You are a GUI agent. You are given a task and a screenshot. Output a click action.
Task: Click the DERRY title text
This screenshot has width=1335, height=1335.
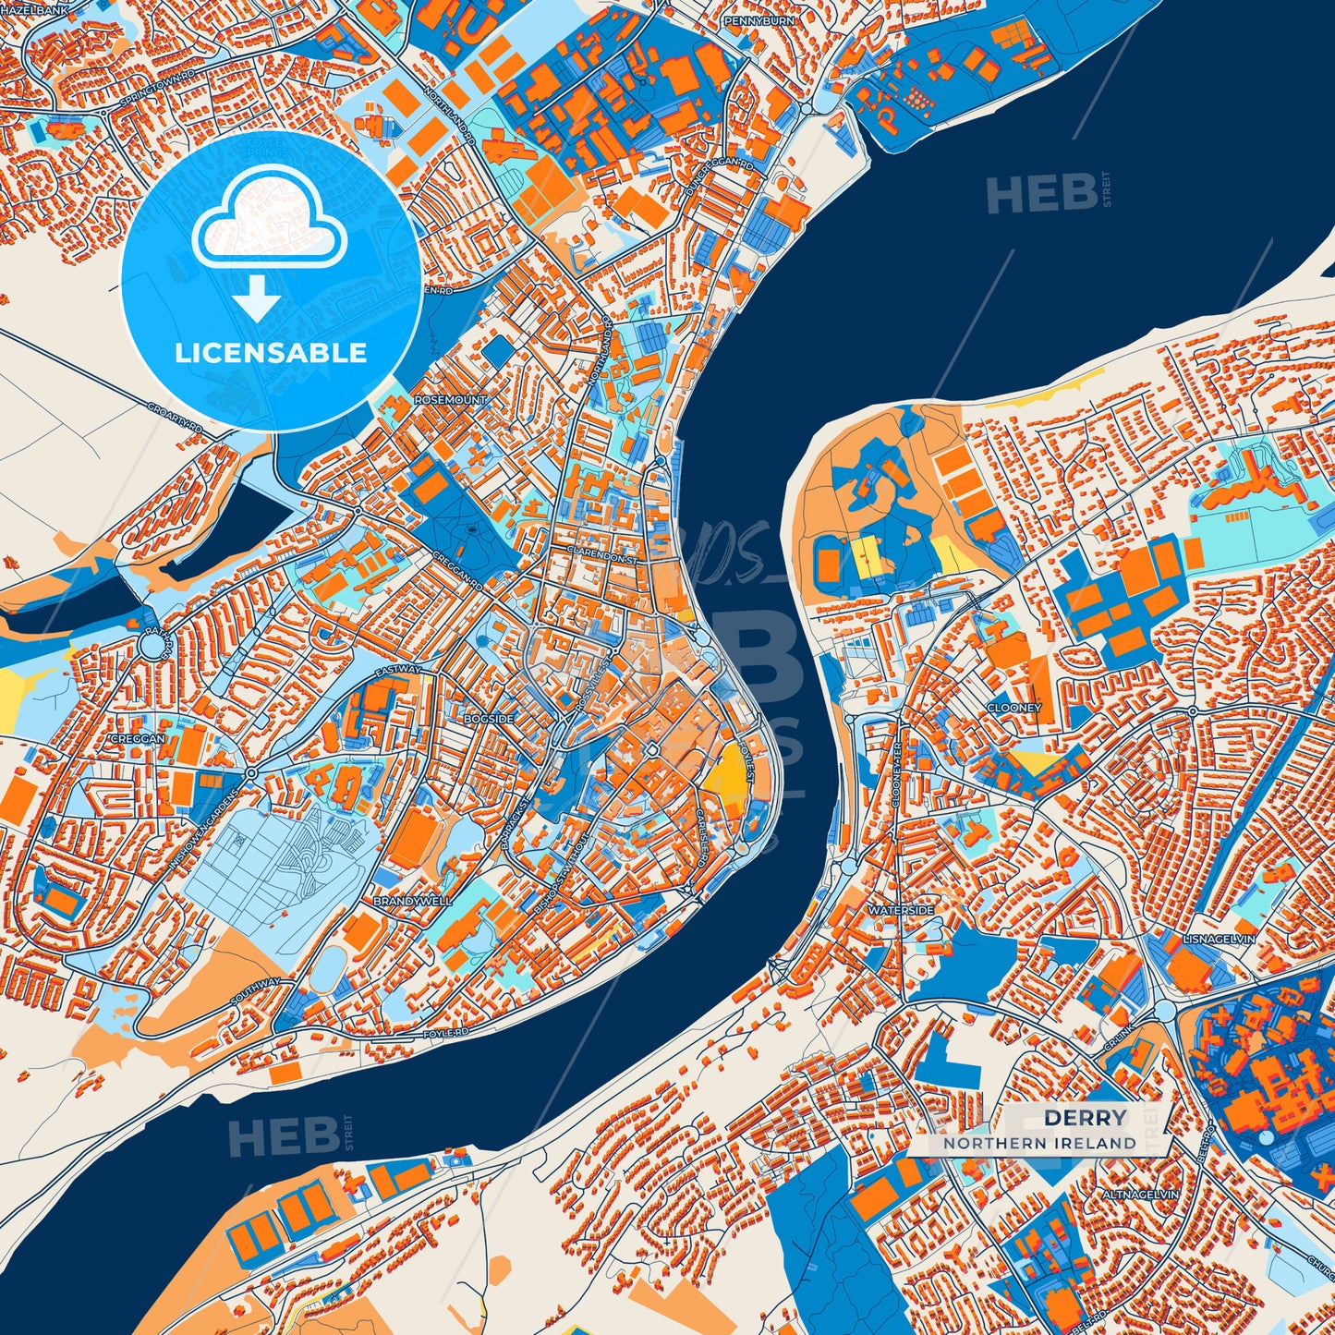click(x=1086, y=1118)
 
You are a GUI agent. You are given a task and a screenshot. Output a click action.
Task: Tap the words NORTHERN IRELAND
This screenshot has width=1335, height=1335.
click(x=1039, y=1143)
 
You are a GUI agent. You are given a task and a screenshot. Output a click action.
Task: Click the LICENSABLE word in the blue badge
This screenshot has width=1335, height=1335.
click(x=271, y=353)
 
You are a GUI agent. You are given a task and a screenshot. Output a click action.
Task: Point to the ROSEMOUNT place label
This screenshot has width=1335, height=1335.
click(x=450, y=400)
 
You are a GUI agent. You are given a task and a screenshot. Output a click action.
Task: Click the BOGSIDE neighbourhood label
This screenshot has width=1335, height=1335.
click(x=489, y=718)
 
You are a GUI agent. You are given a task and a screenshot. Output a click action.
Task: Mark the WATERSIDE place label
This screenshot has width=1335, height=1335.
click(x=900, y=910)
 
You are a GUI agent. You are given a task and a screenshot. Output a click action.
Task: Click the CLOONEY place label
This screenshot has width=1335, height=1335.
click(x=1013, y=708)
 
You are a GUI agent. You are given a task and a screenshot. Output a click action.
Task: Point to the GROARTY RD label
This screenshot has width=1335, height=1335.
click(x=175, y=417)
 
